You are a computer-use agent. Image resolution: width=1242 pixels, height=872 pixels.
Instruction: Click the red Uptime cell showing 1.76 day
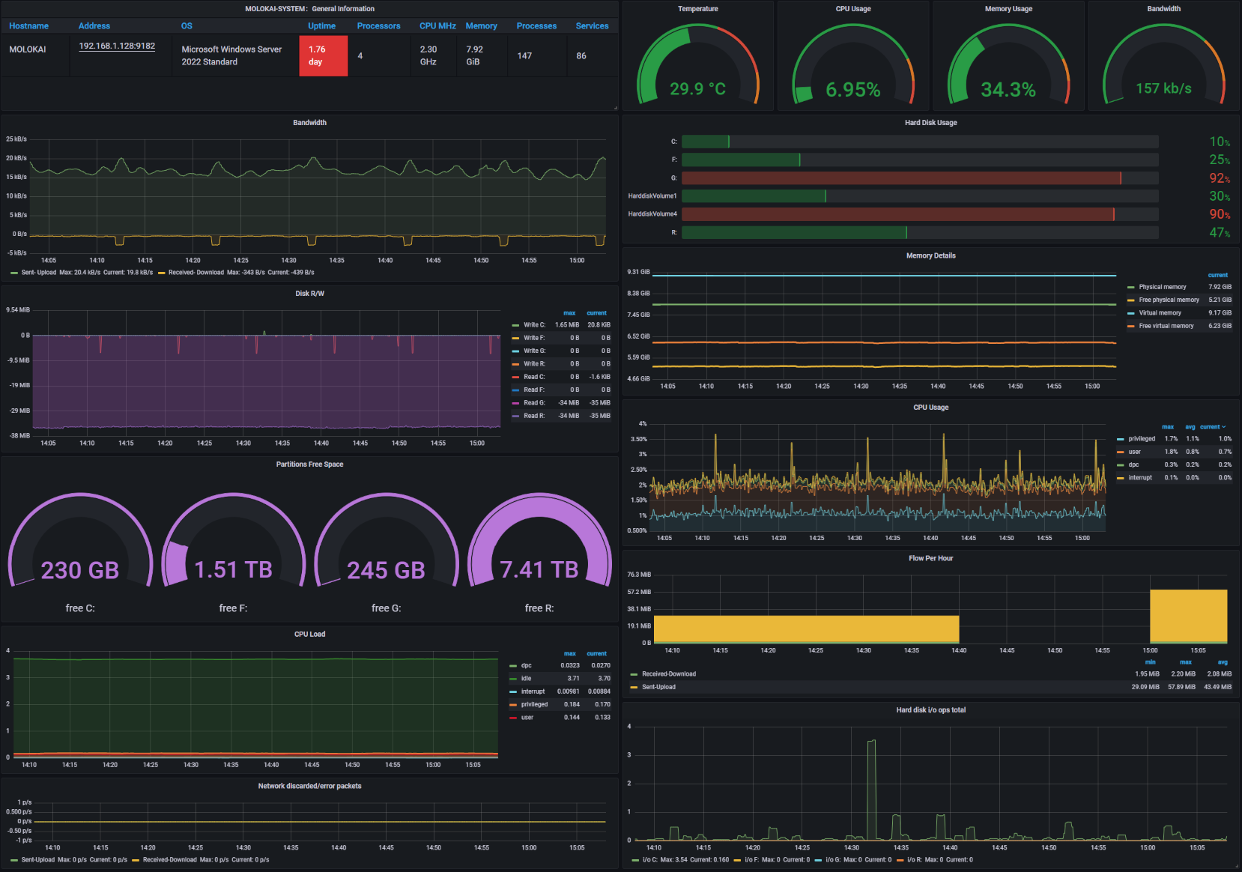point(323,55)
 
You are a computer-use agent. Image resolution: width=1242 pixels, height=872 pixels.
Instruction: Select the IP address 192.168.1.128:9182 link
point(117,46)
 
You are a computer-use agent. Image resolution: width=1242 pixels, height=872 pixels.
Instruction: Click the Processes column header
point(536,25)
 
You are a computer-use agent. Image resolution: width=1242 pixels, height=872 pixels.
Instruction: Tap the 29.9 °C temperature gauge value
point(697,89)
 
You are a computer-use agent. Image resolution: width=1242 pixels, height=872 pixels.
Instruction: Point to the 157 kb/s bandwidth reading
point(1163,88)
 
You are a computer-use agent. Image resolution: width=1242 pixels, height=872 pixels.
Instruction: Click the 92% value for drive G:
point(1219,178)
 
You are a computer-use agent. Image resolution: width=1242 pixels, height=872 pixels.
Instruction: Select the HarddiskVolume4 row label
point(652,214)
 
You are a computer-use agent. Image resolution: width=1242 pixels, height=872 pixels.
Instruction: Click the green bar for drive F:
point(740,160)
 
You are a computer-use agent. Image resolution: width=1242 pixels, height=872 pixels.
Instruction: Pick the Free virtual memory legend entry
point(1166,326)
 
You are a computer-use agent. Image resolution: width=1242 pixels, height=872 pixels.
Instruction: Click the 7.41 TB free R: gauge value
point(539,570)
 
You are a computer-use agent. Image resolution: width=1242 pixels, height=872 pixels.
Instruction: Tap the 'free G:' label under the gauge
point(386,608)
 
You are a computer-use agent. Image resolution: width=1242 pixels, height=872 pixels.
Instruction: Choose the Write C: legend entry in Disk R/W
point(534,325)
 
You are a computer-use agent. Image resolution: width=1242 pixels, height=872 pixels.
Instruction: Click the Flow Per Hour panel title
point(930,558)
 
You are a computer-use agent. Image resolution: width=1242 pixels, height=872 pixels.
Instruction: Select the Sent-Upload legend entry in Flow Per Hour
point(658,687)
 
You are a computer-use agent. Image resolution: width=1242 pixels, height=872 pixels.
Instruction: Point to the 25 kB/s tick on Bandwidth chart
point(16,139)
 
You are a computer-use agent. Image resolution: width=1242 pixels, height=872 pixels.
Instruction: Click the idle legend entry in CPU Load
point(527,679)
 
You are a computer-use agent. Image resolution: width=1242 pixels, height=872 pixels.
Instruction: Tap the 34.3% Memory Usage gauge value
point(1008,90)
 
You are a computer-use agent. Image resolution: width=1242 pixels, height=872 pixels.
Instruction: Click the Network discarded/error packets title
point(309,786)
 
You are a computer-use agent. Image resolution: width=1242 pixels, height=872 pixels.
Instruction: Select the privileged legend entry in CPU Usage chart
point(1142,439)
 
